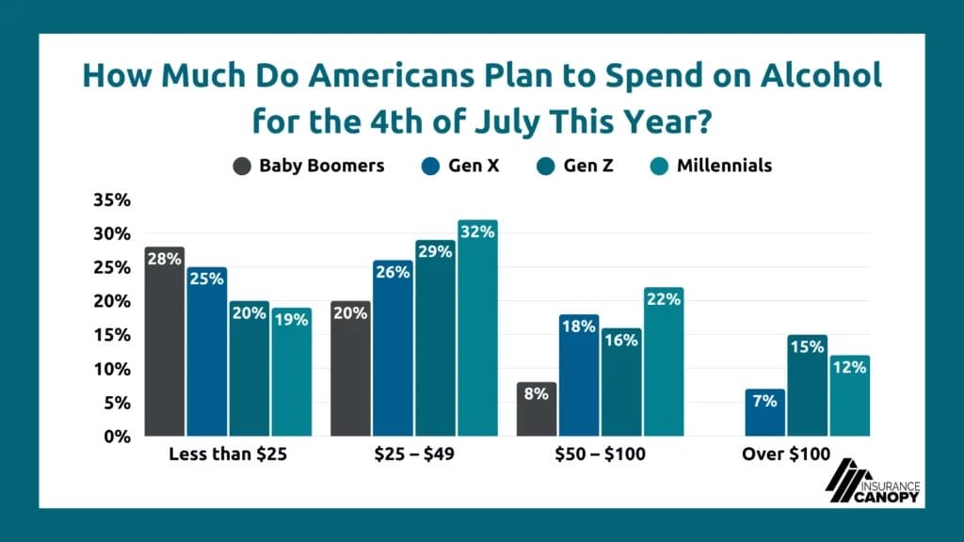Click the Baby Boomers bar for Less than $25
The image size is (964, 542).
tap(165, 343)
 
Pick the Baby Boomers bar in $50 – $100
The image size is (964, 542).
tap(537, 408)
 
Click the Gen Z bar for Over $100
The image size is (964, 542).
tap(807, 386)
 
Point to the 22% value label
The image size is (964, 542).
tap(663, 300)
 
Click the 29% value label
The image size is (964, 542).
tap(434, 253)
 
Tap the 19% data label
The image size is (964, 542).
tap(291, 320)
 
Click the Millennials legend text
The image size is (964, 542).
tap(724, 166)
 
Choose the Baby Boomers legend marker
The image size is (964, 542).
tap(242, 167)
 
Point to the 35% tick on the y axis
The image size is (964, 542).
tap(112, 199)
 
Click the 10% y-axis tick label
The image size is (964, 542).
tap(112, 369)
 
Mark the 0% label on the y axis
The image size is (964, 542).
tap(116, 437)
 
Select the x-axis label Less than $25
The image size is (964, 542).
tap(228, 454)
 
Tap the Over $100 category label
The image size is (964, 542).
tap(786, 454)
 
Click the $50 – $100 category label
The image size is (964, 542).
tap(600, 454)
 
